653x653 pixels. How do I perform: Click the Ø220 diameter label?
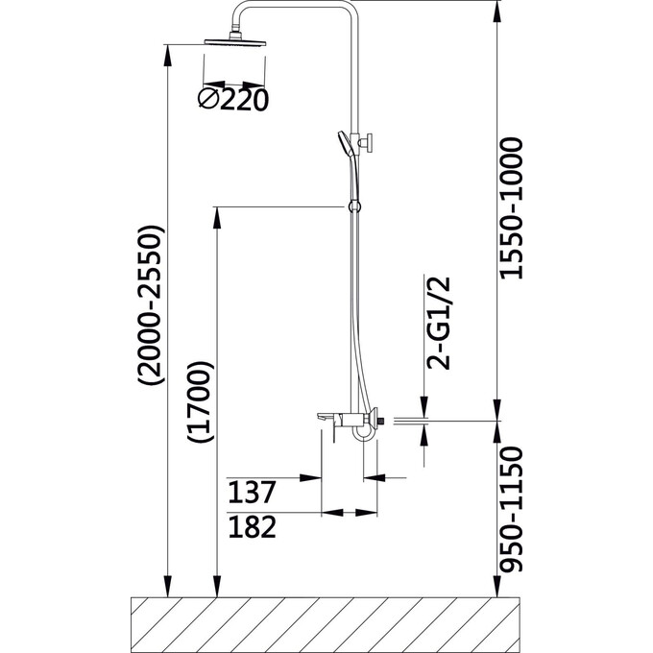coord(230,99)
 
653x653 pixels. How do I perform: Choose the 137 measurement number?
coord(253,494)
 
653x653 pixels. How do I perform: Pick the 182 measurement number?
coord(253,527)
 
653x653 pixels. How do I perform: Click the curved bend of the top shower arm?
coord(243,13)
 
